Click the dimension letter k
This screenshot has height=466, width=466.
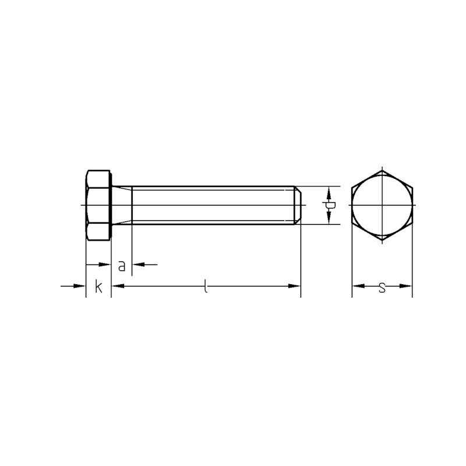(98, 287)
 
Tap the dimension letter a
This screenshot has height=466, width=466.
(122, 266)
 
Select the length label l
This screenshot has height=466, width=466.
(206, 286)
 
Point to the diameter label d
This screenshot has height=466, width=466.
(329, 205)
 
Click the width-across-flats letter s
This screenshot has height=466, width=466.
(382, 287)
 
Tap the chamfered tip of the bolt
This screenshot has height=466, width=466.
(298, 205)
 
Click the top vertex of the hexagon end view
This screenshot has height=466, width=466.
(382, 171)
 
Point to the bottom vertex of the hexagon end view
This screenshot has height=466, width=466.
(382, 239)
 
